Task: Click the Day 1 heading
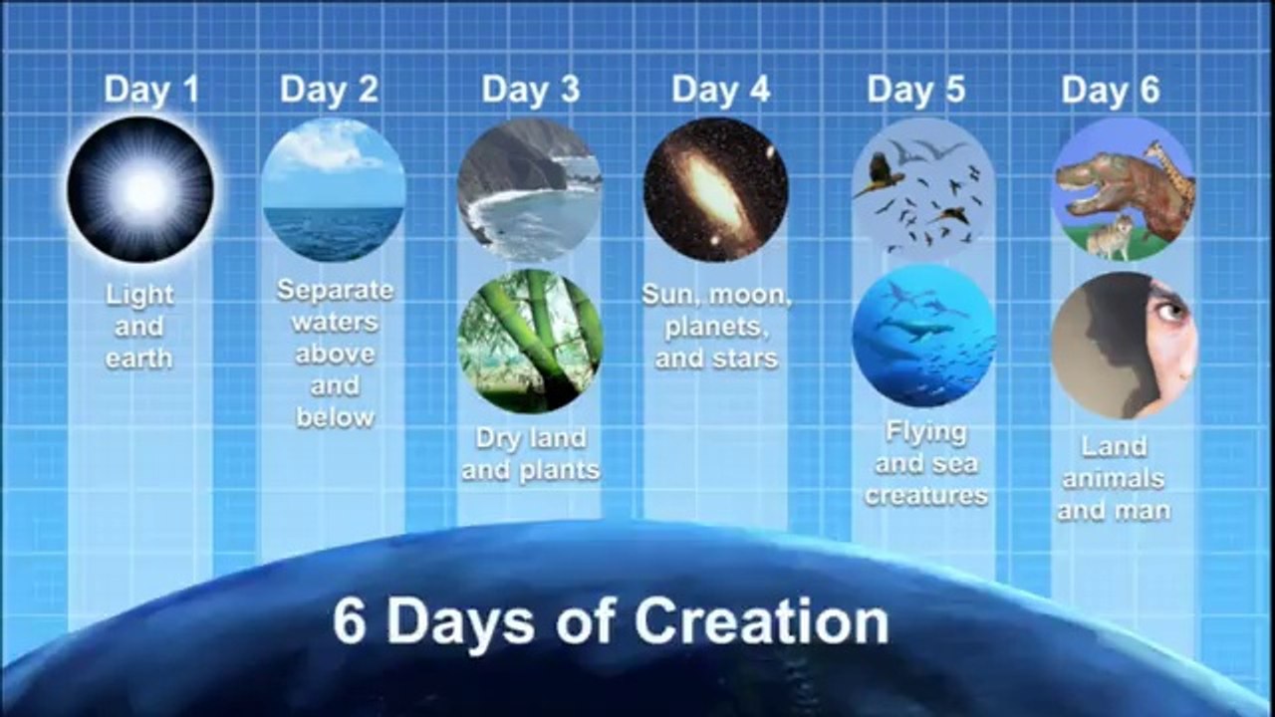click(151, 90)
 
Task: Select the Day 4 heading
click(720, 90)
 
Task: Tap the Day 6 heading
click(1110, 90)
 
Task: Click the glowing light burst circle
click(140, 189)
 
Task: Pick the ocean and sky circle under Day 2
click(334, 190)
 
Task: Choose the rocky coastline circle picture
click(529, 190)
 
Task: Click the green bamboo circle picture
click(531, 341)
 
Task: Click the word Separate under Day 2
click(335, 292)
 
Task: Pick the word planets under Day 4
click(716, 327)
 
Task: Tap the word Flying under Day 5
click(925, 433)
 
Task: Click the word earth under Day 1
click(138, 358)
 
